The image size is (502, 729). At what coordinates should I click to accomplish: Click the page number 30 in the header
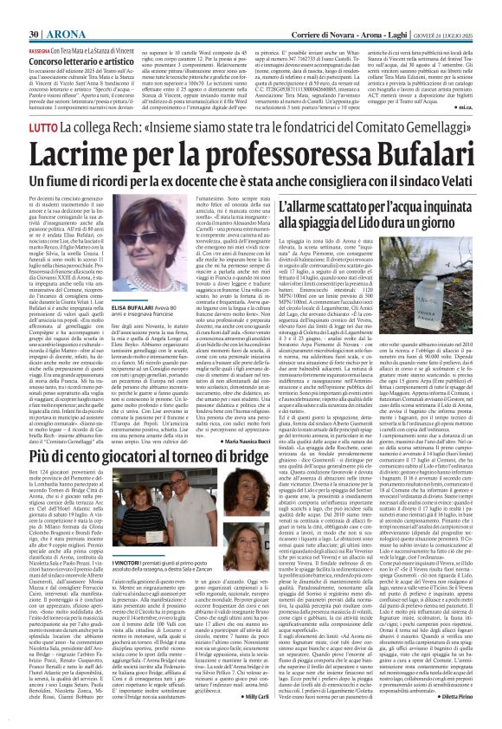click(12, 10)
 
